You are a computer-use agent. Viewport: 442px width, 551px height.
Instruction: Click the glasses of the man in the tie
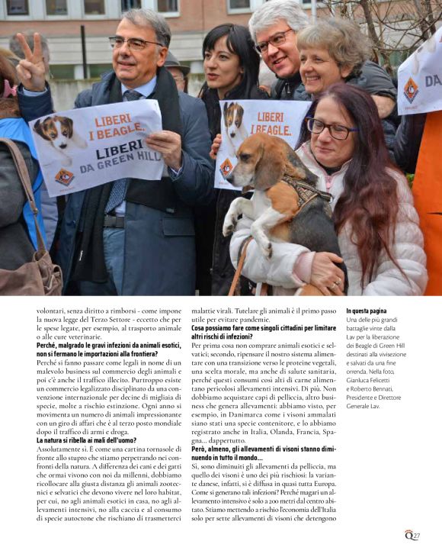point(135,43)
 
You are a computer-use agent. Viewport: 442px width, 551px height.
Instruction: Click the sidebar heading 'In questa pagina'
point(367,311)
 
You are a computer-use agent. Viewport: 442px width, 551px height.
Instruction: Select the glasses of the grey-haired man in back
point(272,40)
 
